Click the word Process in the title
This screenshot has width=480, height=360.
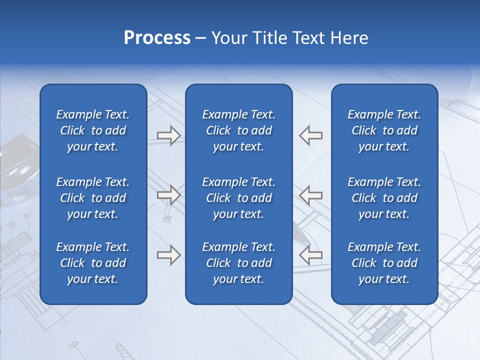click(157, 38)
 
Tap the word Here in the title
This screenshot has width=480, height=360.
click(349, 38)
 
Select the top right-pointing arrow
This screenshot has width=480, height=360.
click(168, 135)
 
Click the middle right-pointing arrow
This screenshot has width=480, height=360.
click(168, 194)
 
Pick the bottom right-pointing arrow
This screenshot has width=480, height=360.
click(168, 254)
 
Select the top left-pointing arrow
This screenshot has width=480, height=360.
click(310, 135)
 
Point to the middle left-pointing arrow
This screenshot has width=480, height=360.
click(310, 194)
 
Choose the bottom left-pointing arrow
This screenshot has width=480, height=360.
click(310, 254)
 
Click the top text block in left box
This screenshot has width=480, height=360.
click(93, 130)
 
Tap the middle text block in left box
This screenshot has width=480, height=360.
click(93, 198)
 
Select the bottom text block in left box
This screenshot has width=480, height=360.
click(93, 263)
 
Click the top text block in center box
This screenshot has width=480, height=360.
click(238, 130)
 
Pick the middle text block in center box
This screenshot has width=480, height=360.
click(238, 198)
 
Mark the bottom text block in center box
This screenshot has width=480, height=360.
click(238, 263)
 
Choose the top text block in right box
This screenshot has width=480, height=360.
click(384, 130)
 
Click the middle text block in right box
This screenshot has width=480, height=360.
click(384, 198)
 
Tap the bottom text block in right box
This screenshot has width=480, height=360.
click(384, 263)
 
